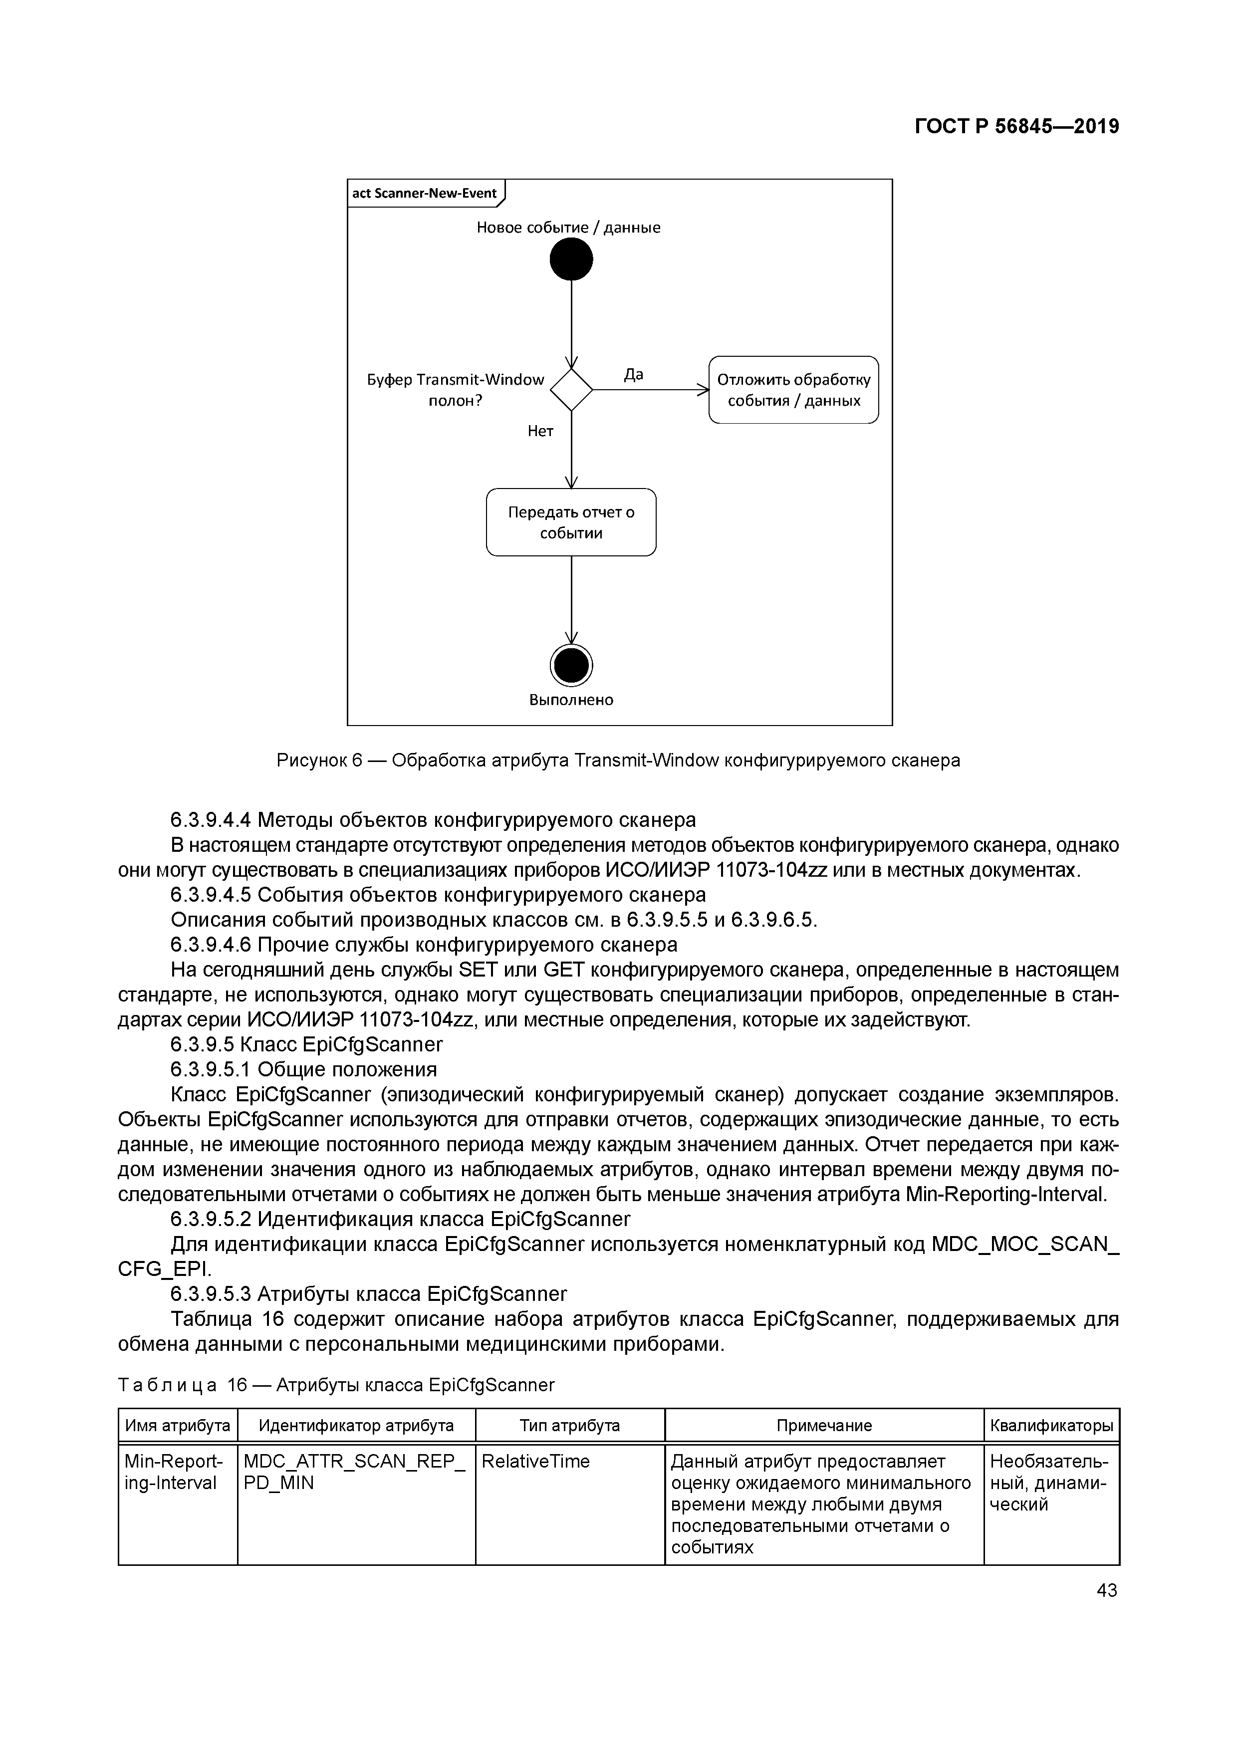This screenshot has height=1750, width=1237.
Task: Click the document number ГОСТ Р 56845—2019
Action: (x=1017, y=127)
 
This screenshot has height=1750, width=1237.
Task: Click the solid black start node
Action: (x=571, y=259)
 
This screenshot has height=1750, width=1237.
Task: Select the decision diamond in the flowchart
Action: (x=571, y=390)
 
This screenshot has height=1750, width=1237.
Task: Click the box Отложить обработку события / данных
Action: (x=793, y=390)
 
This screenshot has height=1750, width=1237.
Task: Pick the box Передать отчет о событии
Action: (x=571, y=522)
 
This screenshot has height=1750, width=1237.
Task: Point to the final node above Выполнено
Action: (x=571, y=665)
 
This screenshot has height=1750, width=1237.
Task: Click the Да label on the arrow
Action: (x=633, y=374)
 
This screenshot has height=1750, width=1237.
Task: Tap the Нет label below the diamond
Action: (x=540, y=432)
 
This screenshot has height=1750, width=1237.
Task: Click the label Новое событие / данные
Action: (x=568, y=227)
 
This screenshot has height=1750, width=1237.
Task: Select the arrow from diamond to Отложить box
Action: (x=650, y=390)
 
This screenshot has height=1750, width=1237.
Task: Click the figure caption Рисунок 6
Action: (x=618, y=760)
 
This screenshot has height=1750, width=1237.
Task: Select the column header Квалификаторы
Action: (x=1051, y=1425)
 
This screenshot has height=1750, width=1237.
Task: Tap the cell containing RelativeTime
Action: (x=536, y=1461)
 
